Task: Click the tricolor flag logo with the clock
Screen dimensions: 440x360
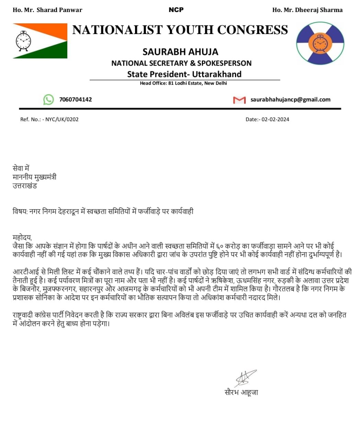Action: [x=40, y=41]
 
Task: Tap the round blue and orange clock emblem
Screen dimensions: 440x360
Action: [x=320, y=43]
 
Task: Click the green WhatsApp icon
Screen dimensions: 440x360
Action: [x=48, y=100]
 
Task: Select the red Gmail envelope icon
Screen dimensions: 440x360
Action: [x=239, y=100]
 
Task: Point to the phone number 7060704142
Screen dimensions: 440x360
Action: [x=76, y=100]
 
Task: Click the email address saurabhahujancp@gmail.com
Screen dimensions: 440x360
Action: [x=290, y=100]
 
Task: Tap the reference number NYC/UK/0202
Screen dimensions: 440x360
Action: [x=62, y=120]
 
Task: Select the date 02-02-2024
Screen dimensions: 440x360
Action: [x=275, y=120]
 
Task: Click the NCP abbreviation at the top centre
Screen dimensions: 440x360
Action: [x=176, y=10]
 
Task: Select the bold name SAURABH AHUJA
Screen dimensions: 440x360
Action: [x=180, y=52]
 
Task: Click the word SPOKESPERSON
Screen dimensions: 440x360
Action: [x=224, y=63]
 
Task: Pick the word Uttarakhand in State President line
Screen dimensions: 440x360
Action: [x=217, y=74]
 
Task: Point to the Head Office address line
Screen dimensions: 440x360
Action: [x=183, y=83]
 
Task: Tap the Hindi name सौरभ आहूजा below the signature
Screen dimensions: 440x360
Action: [x=241, y=392]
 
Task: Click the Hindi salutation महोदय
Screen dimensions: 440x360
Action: [x=22, y=238]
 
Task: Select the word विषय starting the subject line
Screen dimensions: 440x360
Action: [x=19, y=211]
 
